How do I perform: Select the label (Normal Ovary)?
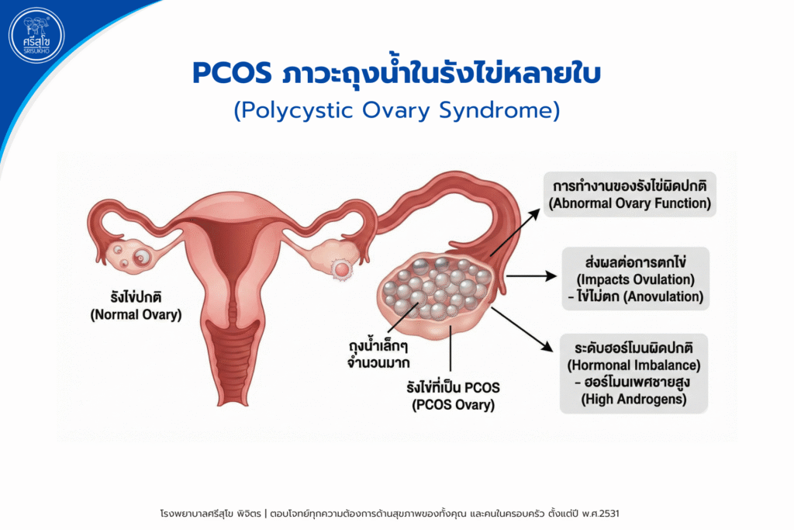[x=135, y=314]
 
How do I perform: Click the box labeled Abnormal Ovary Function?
[x=629, y=196]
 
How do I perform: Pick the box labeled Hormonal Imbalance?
[x=634, y=373]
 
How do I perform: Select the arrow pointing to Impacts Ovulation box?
[x=530, y=275]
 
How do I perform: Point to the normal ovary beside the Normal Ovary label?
[x=131, y=255]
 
